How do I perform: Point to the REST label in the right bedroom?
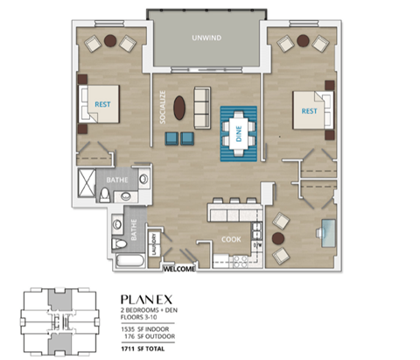(309, 111)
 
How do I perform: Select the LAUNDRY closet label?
(155, 243)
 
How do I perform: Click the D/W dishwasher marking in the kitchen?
(256, 246)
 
